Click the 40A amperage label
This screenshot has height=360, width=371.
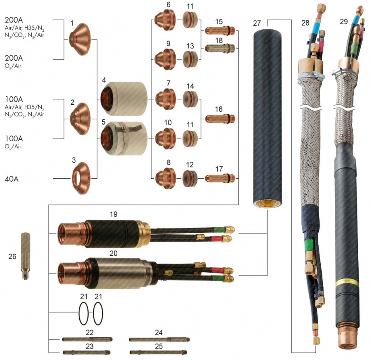[12, 179]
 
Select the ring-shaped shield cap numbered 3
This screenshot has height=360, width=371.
[81, 178]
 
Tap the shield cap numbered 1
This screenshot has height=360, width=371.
[80, 40]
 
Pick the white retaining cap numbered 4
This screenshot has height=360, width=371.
[124, 99]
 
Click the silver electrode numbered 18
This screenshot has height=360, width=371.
[220, 49]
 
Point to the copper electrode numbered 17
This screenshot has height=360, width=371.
[220, 178]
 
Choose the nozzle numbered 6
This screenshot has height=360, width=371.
[165, 20]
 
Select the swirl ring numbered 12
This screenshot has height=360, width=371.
[190, 178]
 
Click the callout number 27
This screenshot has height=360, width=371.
[257, 23]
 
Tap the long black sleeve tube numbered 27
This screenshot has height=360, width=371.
[268, 119]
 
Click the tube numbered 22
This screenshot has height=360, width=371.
[87, 339]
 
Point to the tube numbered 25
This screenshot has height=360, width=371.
[158, 353]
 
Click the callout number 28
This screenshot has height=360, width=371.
[305, 23]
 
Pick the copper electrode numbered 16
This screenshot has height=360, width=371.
[220, 119]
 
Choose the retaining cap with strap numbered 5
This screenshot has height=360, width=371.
[124, 138]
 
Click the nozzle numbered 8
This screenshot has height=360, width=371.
[166, 178]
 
